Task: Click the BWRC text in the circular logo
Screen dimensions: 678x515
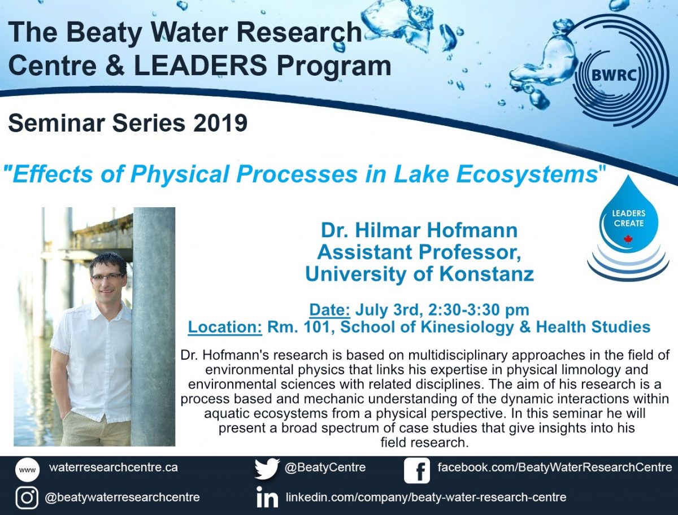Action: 614,75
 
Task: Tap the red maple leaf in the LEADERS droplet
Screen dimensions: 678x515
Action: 628,239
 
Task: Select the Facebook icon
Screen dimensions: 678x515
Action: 416,470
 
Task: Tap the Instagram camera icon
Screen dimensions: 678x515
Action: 27,497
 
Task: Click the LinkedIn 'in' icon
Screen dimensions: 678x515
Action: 267,497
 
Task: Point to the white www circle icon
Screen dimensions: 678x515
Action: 27,470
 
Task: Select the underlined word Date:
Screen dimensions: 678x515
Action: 329,310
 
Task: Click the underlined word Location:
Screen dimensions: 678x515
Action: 225,327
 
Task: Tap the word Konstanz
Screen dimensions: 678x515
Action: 486,274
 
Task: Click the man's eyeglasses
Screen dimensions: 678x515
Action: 107,277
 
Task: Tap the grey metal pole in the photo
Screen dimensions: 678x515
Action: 154,326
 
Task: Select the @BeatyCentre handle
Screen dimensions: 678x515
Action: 325,467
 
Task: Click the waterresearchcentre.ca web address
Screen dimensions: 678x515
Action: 114,467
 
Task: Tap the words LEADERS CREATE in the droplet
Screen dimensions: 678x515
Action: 629,219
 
